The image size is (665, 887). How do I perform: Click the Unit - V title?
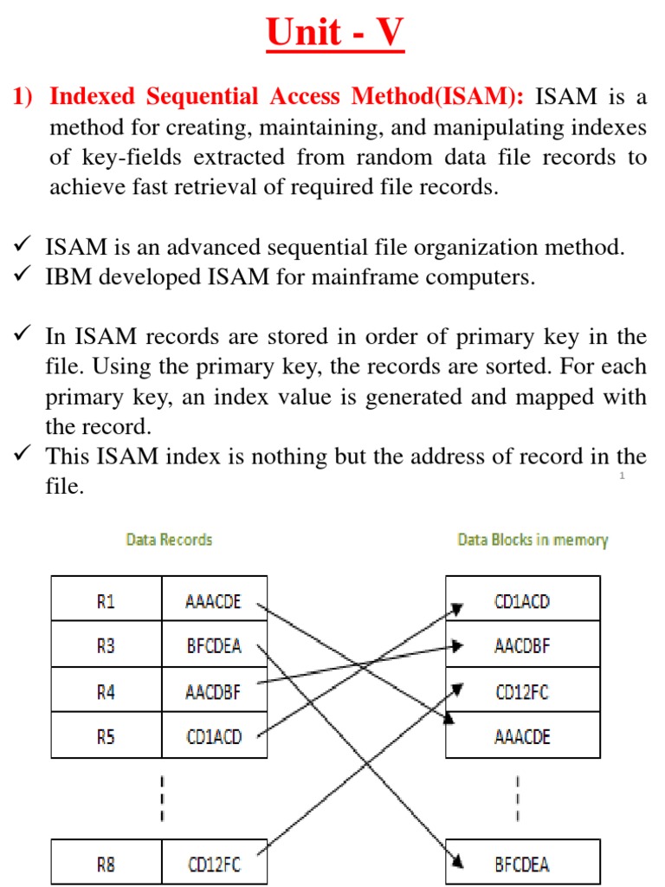[x=334, y=34]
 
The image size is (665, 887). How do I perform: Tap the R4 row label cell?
[x=106, y=691]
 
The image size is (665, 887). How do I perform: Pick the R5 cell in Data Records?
[x=106, y=736]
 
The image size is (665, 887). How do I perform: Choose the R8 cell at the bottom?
[x=106, y=863]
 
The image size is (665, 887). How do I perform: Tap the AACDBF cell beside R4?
[x=214, y=691]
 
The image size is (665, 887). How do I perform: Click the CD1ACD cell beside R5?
[x=214, y=736]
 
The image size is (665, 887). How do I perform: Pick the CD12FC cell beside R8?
[x=214, y=863]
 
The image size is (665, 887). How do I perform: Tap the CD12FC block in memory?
[x=522, y=691]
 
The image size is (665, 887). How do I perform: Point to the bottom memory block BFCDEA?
[x=522, y=863]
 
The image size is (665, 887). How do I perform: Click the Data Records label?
[x=169, y=540]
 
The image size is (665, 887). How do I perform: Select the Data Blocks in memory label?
[x=533, y=540]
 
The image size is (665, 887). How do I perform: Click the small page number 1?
[x=622, y=477]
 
